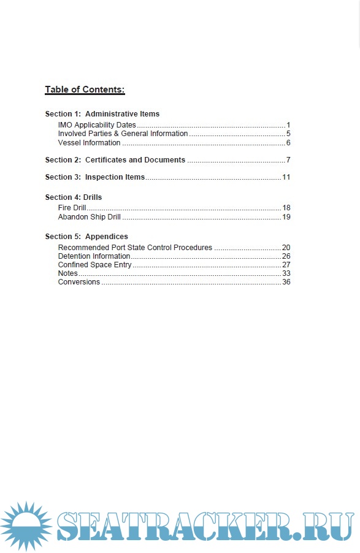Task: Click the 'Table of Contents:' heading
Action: click(85, 90)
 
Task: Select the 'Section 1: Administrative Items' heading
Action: click(102, 114)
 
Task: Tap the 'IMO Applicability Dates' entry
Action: click(97, 125)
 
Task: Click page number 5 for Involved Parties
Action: click(288, 134)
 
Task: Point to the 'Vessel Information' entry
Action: click(89, 143)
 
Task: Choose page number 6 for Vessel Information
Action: click(288, 143)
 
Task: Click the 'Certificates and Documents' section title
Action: click(135, 160)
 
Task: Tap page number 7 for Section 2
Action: click(288, 160)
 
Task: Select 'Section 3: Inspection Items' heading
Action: click(95, 177)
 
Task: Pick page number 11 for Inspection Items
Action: click(286, 177)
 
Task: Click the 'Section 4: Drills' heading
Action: click(74, 197)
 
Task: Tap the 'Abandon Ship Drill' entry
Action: click(90, 217)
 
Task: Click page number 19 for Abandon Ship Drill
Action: click(286, 217)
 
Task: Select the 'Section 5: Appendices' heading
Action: click(86, 237)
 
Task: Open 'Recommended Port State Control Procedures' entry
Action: click(135, 248)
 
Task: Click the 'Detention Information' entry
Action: click(94, 256)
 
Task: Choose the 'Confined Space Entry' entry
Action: click(94, 265)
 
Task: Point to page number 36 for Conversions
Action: click(286, 282)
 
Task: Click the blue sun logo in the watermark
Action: click(25, 526)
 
